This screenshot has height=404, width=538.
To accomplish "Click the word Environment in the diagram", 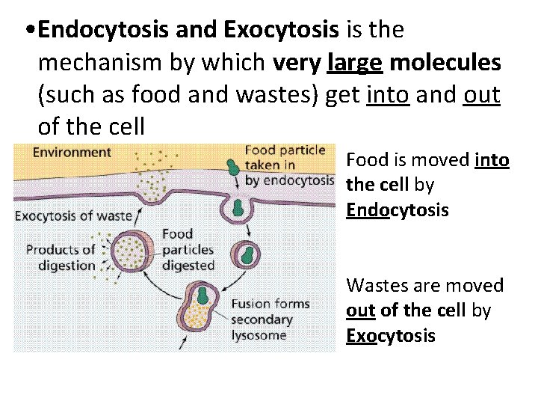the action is pyautogui.click(x=72, y=153).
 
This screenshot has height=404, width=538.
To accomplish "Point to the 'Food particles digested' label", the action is pyautogui.click(x=188, y=250).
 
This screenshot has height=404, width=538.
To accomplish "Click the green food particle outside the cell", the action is pyautogui.click(x=233, y=166).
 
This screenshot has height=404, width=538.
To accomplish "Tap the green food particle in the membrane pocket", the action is pyautogui.click(x=239, y=206).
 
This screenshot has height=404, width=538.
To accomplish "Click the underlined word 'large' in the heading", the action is pyautogui.click(x=355, y=64).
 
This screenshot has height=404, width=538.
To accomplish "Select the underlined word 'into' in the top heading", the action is pyautogui.click(x=388, y=97).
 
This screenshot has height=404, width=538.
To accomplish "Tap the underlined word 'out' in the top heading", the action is pyautogui.click(x=481, y=97).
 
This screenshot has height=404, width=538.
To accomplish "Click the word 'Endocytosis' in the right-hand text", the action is pyautogui.click(x=398, y=209).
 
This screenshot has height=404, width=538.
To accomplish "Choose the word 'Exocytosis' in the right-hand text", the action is pyautogui.click(x=390, y=335).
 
